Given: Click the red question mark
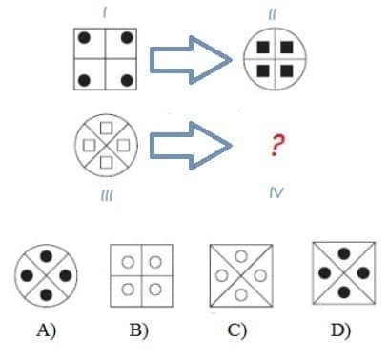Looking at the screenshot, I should [x=276, y=146].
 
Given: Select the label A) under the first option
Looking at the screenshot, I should [x=47, y=330].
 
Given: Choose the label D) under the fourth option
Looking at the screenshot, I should [x=339, y=330].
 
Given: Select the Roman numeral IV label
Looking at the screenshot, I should [x=276, y=193].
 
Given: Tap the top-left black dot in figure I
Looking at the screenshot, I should [x=85, y=39].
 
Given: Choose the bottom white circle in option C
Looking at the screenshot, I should [x=239, y=290].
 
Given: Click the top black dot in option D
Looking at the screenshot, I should [x=339, y=257].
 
